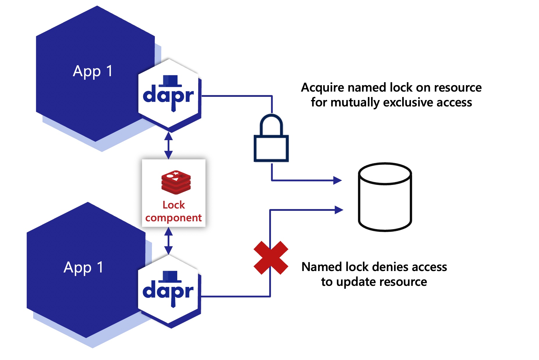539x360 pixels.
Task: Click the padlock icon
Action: pyautogui.click(x=271, y=139)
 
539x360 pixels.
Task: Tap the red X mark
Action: pyautogui.click(x=271, y=258)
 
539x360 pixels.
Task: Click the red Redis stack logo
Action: pyautogui.click(x=176, y=182)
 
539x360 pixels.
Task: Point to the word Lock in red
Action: pyautogui.click(x=174, y=205)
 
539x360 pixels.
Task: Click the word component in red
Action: pyautogui.click(x=173, y=218)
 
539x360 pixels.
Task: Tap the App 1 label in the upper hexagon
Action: pyautogui.click(x=93, y=71)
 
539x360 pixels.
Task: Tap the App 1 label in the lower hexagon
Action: pyautogui.click(x=84, y=268)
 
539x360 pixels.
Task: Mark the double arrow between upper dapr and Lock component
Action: pyautogui.click(x=169, y=145)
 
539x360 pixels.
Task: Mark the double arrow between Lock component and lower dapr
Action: pyautogui.click(x=169, y=241)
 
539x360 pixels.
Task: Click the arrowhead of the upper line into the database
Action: pyautogui.click(x=338, y=181)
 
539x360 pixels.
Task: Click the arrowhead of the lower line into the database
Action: pyautogui.click(x=339, y=210)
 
